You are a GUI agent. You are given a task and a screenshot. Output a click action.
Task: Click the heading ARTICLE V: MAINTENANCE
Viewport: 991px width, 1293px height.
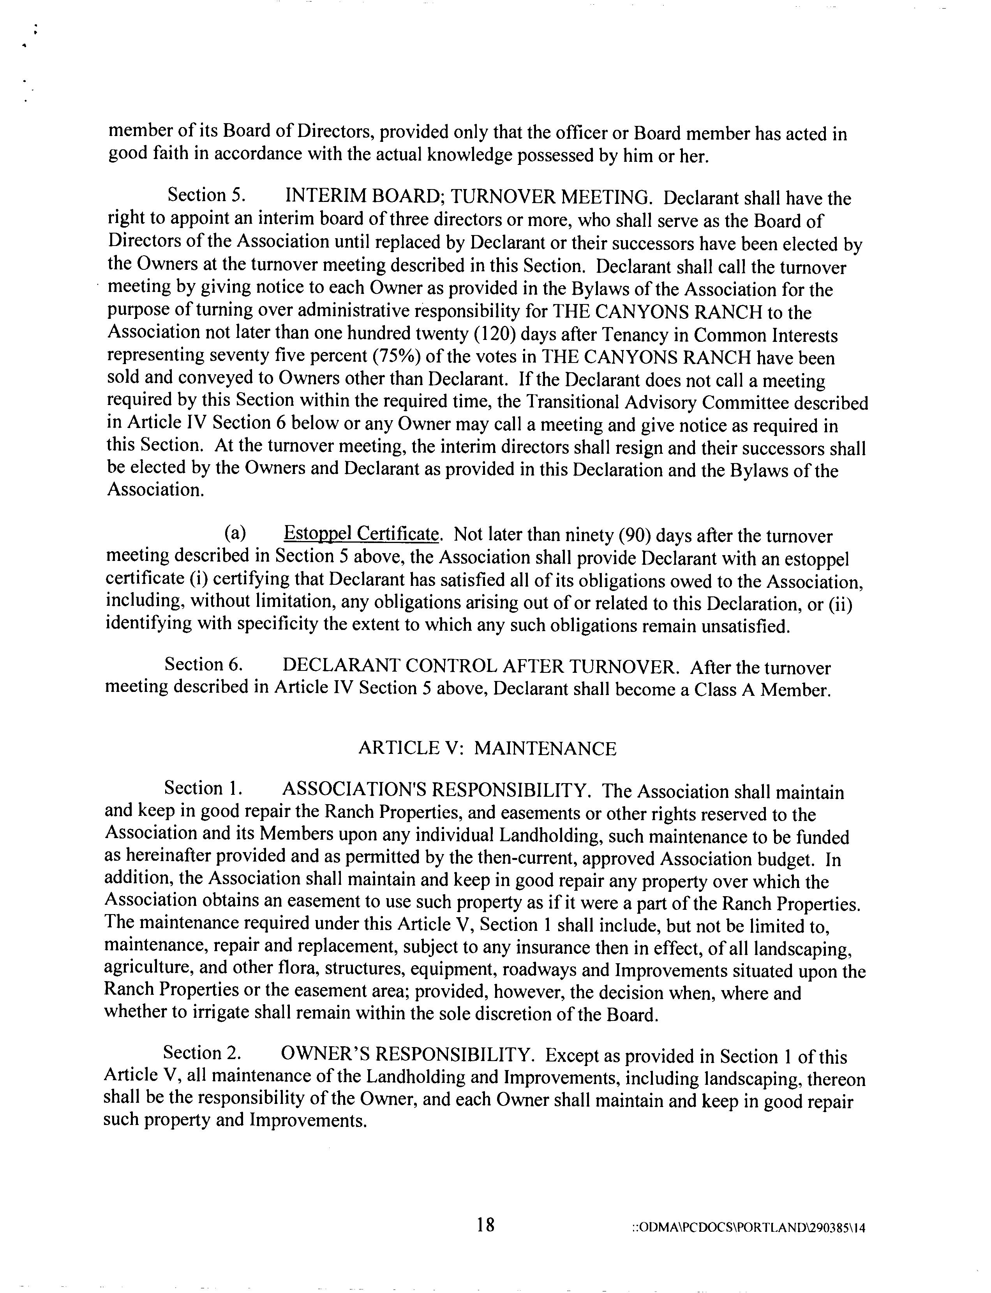click(487, 748)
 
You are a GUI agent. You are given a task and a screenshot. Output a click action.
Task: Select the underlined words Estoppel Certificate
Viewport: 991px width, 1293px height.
click(361, 534)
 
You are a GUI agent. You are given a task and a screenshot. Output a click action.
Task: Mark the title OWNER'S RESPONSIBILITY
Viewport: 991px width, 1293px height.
click(407, 1054)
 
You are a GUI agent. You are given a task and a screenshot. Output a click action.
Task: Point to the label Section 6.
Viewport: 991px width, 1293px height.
click(203, 665)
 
